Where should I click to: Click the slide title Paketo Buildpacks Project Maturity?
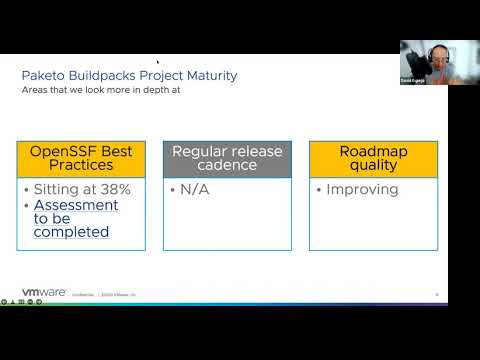130,75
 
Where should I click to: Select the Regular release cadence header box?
227,159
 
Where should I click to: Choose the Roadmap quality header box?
359,159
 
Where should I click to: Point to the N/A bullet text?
194,189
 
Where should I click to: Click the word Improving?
361,189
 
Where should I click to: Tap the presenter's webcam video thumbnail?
422,61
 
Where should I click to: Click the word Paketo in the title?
45,75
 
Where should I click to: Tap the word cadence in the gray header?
227,167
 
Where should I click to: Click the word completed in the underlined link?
72,232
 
